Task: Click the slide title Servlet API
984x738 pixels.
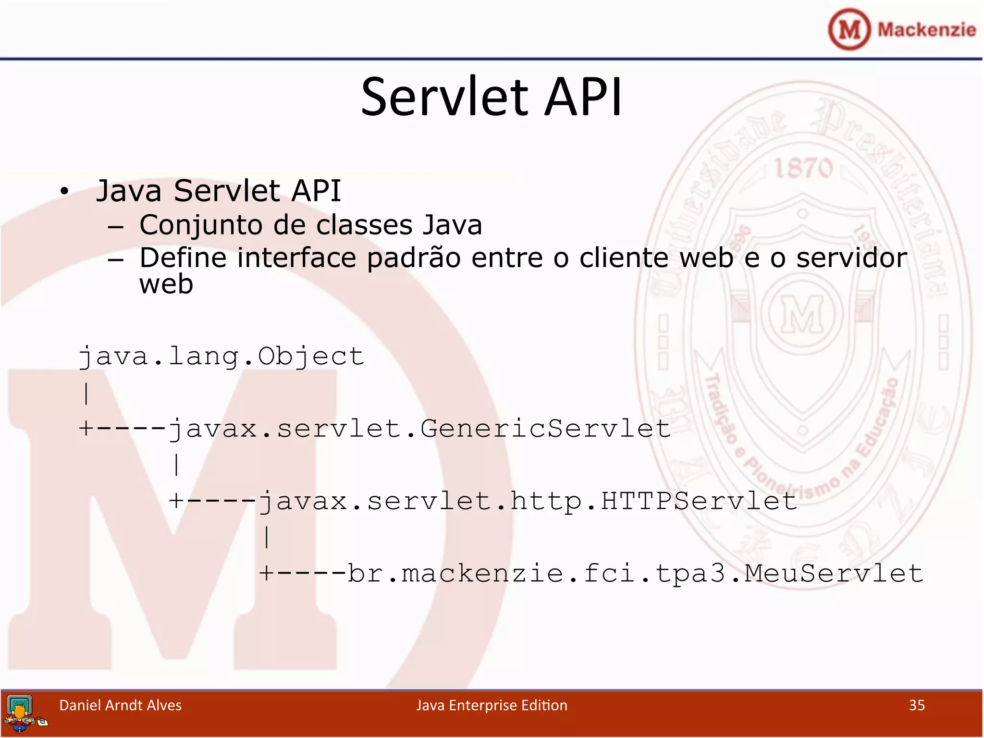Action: pos(491,97)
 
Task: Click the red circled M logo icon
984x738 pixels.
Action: pos(849,29)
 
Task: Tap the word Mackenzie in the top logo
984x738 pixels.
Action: pos(926,30)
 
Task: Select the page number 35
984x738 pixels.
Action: pos(917,705)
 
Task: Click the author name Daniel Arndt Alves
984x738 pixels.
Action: pos(120,705)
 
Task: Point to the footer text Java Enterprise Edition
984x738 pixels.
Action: pos(492,705)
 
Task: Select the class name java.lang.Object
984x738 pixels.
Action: pos(221,357)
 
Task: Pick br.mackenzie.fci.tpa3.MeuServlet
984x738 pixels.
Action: pos(634,574)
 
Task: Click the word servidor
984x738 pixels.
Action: pos(851,258)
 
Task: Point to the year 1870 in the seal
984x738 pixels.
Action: pos(803,168)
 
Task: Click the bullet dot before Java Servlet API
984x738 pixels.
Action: pos(64,191)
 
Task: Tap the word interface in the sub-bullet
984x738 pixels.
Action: pos(296,258)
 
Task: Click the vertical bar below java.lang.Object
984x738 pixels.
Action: pos(86,394)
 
